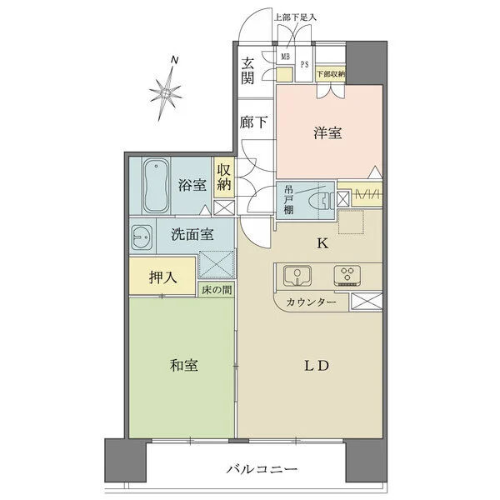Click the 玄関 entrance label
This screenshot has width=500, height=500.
247,71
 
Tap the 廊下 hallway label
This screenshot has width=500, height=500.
253,122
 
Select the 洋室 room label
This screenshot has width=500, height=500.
327,132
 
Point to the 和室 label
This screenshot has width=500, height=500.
184,366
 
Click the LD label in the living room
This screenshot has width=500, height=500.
316,366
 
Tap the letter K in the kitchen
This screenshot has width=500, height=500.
322,244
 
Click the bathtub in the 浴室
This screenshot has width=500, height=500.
156,186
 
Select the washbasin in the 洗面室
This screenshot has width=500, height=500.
142,237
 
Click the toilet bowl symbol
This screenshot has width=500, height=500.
321,201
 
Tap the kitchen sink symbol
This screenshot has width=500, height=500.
297,274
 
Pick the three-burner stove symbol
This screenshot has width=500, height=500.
347,275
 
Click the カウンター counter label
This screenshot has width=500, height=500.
311,302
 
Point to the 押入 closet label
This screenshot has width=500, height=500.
162,277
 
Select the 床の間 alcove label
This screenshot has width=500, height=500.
217,290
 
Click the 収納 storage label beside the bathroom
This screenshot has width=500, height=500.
224,177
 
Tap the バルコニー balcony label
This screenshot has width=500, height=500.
262,469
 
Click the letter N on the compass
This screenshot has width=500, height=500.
174,60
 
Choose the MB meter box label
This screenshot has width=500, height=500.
285,57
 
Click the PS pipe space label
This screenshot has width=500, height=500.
305,64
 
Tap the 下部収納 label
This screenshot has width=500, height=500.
331,74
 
